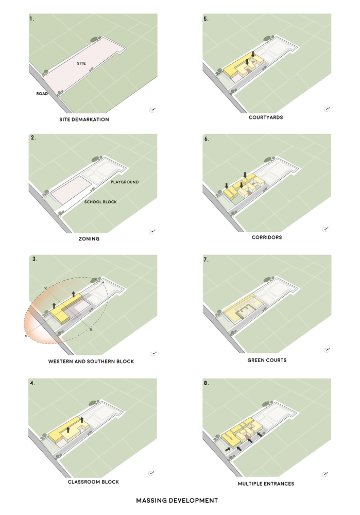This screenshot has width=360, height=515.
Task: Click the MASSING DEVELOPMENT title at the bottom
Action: [x=177, y=500]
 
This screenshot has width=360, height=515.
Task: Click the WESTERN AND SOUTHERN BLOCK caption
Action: [x=91, y=362]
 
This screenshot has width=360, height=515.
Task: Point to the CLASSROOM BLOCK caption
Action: [x=93, y=482]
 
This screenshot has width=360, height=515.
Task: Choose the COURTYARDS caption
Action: [x=266, y=117]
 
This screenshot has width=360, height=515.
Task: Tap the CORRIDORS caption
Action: [x=266, y=237]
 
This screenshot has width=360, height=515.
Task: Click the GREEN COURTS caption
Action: [x=267, y=360]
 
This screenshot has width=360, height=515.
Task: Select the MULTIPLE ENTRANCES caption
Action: [x=266, y=484]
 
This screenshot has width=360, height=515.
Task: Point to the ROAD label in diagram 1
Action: [x=42, y=94]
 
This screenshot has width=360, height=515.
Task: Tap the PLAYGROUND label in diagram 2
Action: [x=125, y=182]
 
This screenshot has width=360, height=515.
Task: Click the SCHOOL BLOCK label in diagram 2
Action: [x=100, y=201]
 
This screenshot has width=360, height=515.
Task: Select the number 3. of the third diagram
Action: [x=35, y=260]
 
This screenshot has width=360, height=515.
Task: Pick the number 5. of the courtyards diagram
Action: [x=206, y=19]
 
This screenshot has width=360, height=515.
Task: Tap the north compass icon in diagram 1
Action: [x=152, y=109]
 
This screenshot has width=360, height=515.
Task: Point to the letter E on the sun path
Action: [x=91, y=329]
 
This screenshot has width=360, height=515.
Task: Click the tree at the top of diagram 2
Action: [x=96, y=159]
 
